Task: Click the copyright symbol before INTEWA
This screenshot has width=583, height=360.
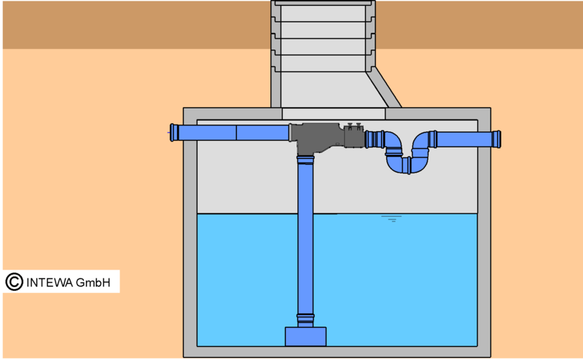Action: (x=14, y=282)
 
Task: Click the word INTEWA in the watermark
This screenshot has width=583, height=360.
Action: (x=50, y=283)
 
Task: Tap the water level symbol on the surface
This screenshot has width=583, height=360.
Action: (x=391, y=219)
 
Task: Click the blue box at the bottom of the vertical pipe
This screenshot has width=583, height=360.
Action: (x=305, y=336)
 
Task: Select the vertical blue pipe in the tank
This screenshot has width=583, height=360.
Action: (x=305, y=241)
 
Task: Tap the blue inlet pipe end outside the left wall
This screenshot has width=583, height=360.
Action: (x=174, y=133)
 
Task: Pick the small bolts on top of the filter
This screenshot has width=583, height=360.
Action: (x=354, y=126)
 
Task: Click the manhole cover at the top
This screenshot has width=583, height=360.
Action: (x=323, y=3)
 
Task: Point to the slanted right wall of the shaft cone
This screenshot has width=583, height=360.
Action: (x=384, y=87)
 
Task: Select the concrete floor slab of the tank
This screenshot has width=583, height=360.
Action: (x=337, y=352)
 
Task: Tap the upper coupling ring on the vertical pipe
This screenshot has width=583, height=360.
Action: (x=305, y=160)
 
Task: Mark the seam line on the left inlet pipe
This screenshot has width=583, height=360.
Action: (x=236, y=133)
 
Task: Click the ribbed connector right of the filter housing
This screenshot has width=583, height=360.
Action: (x=375, y=139)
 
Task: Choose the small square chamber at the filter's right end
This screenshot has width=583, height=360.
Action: (x=354, y=137)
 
